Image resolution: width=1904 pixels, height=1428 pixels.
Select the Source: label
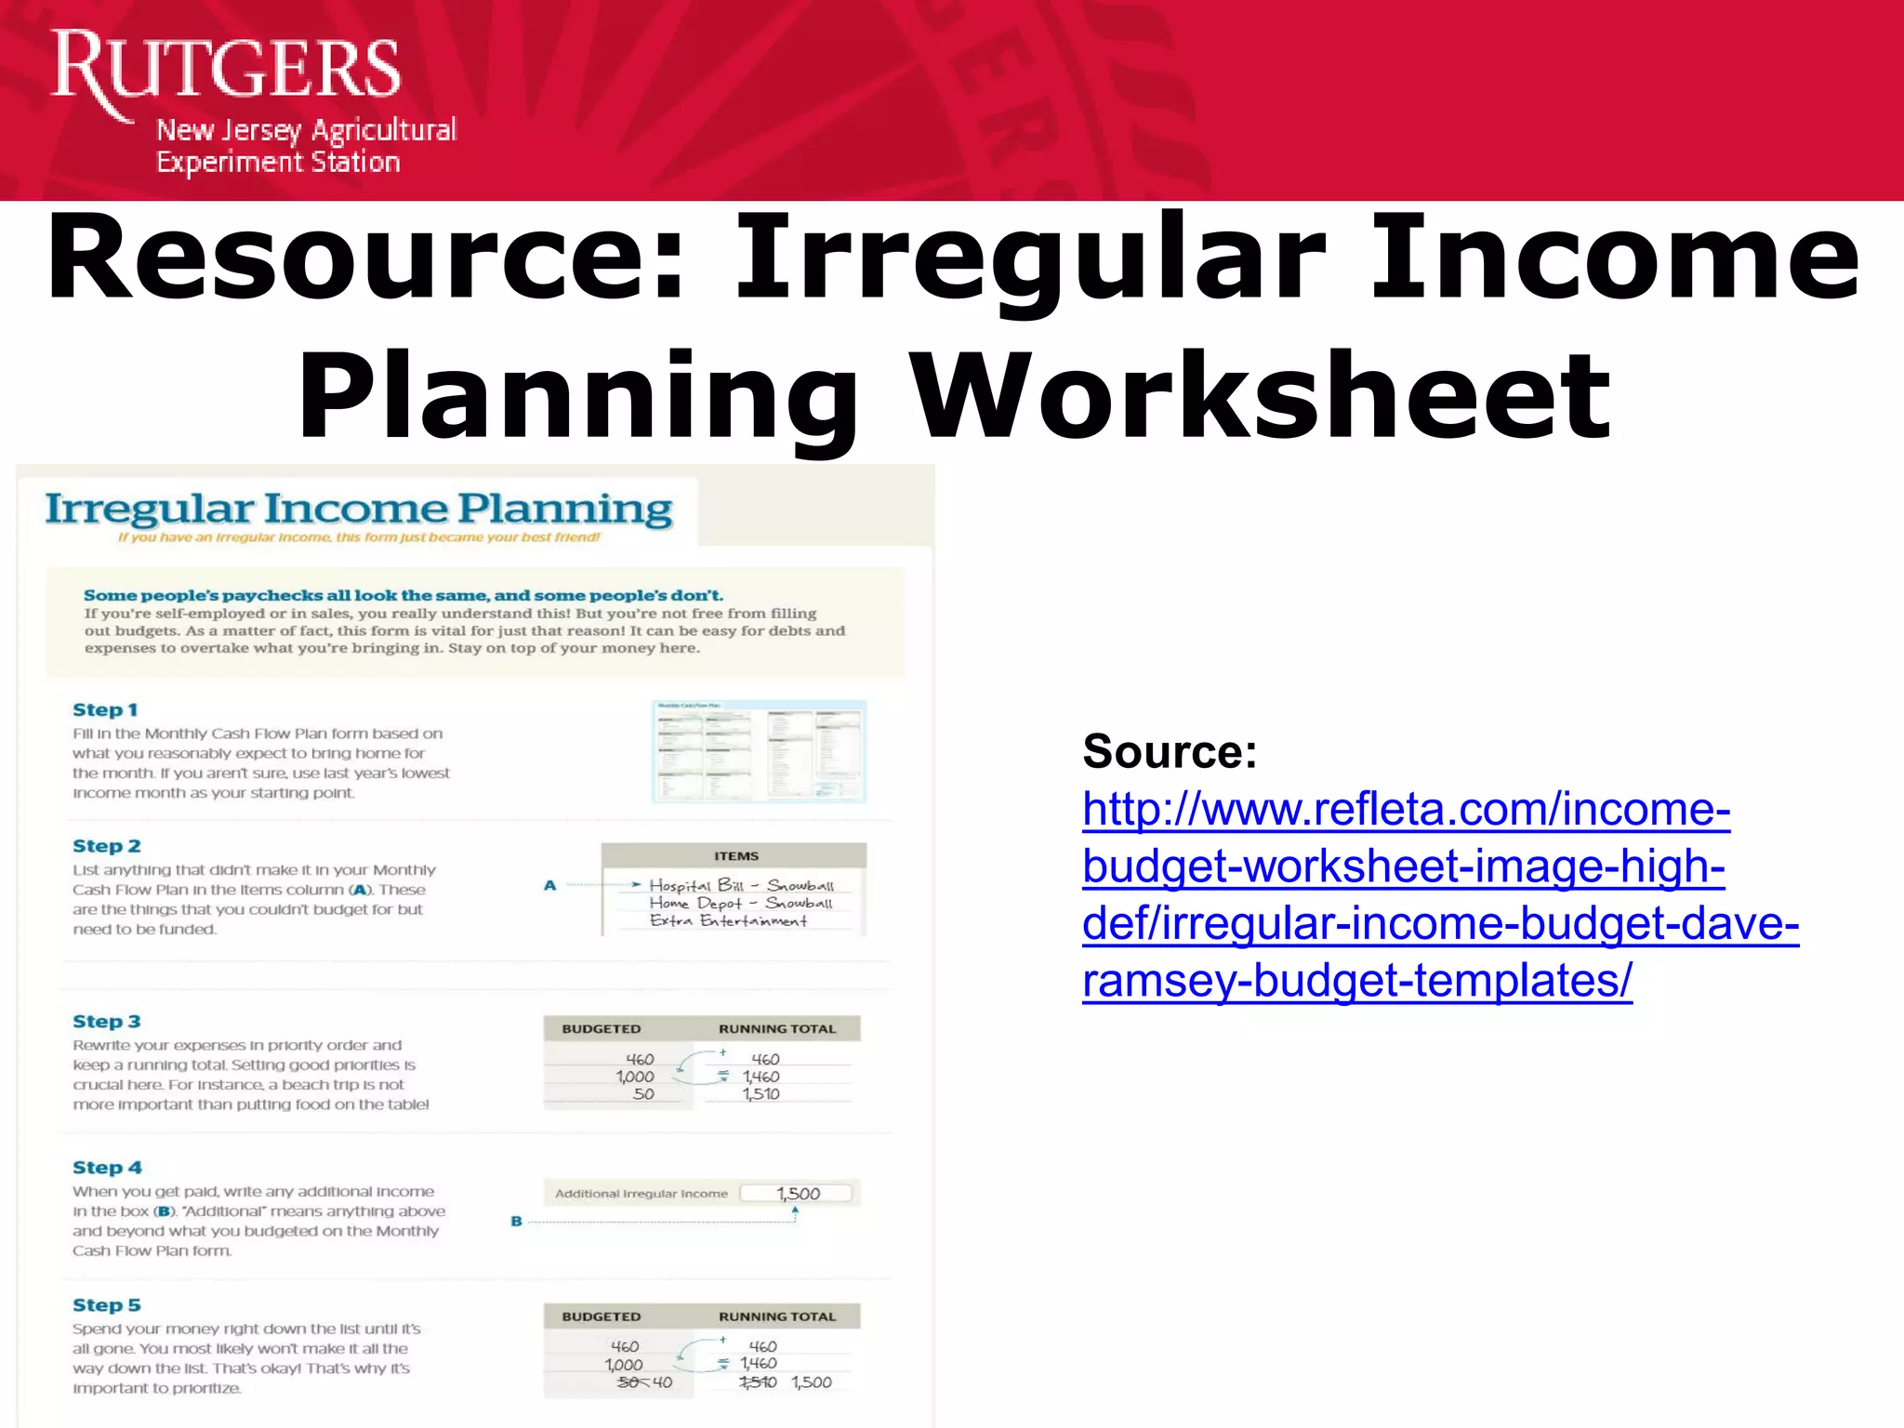tap(1170, 751)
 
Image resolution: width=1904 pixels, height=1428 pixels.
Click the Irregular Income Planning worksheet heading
tap(359, 509)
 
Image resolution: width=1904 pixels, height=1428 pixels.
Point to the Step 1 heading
tap(105, 710)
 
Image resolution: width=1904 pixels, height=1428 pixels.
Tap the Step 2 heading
tap(107, 846)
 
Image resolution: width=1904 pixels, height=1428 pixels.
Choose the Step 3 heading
tap(107, 1022)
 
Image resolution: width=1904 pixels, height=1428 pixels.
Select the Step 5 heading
tap(107, 1305)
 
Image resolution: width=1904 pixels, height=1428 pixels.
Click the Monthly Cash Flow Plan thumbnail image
tap(759, 751)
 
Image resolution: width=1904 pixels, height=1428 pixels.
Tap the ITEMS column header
tap(736, 856)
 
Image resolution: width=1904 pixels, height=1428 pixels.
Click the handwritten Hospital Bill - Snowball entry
tap(741, 885)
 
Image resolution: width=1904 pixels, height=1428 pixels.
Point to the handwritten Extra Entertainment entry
tap(728, 920)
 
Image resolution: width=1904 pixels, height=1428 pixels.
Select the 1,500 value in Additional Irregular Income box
tap(799, 1194)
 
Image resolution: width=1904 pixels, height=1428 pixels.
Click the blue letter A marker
tap(550, 886)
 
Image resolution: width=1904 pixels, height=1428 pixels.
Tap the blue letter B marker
tap(517, 1222)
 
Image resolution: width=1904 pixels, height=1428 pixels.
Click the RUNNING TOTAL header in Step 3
tap(777, 1029)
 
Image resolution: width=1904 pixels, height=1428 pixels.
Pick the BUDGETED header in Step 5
tap(602, 1316)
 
